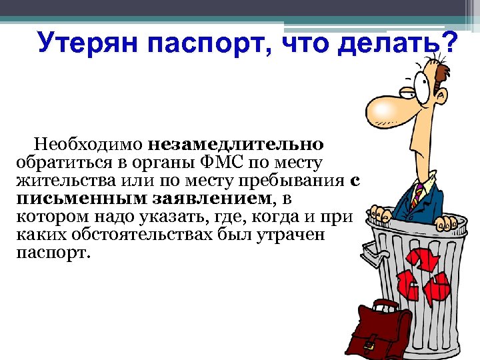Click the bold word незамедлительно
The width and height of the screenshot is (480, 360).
click(237, 144)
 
